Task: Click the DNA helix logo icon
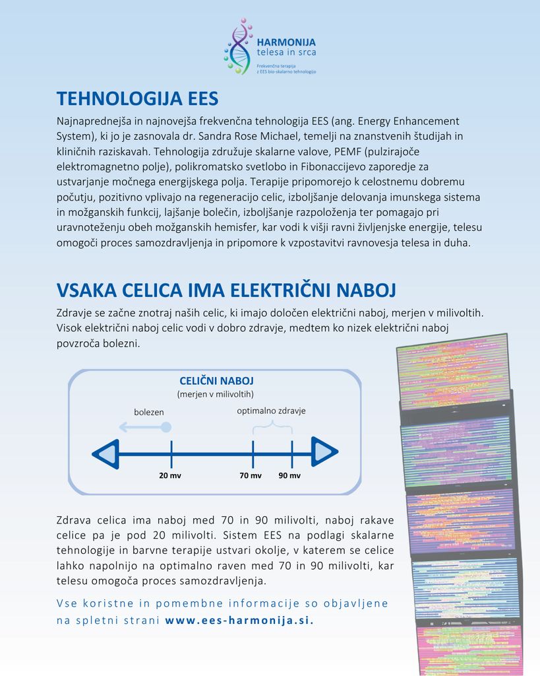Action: pos(238,46)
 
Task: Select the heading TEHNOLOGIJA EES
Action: pos(137,99)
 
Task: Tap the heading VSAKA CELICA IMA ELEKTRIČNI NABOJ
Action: pos(226,290)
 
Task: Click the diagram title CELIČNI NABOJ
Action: pos(216,381)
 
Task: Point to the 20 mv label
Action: pos(170,475)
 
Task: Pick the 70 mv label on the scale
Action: pos(251,475)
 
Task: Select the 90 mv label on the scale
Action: pos(289,475)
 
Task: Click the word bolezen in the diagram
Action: pos(149,412)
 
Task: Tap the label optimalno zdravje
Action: pos(271,411)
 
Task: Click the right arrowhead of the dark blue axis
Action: pos(324,453)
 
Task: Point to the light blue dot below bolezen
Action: pos(166,427)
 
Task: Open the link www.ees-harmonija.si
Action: pos(239,620)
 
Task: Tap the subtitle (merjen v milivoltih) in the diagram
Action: pos(216,394)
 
